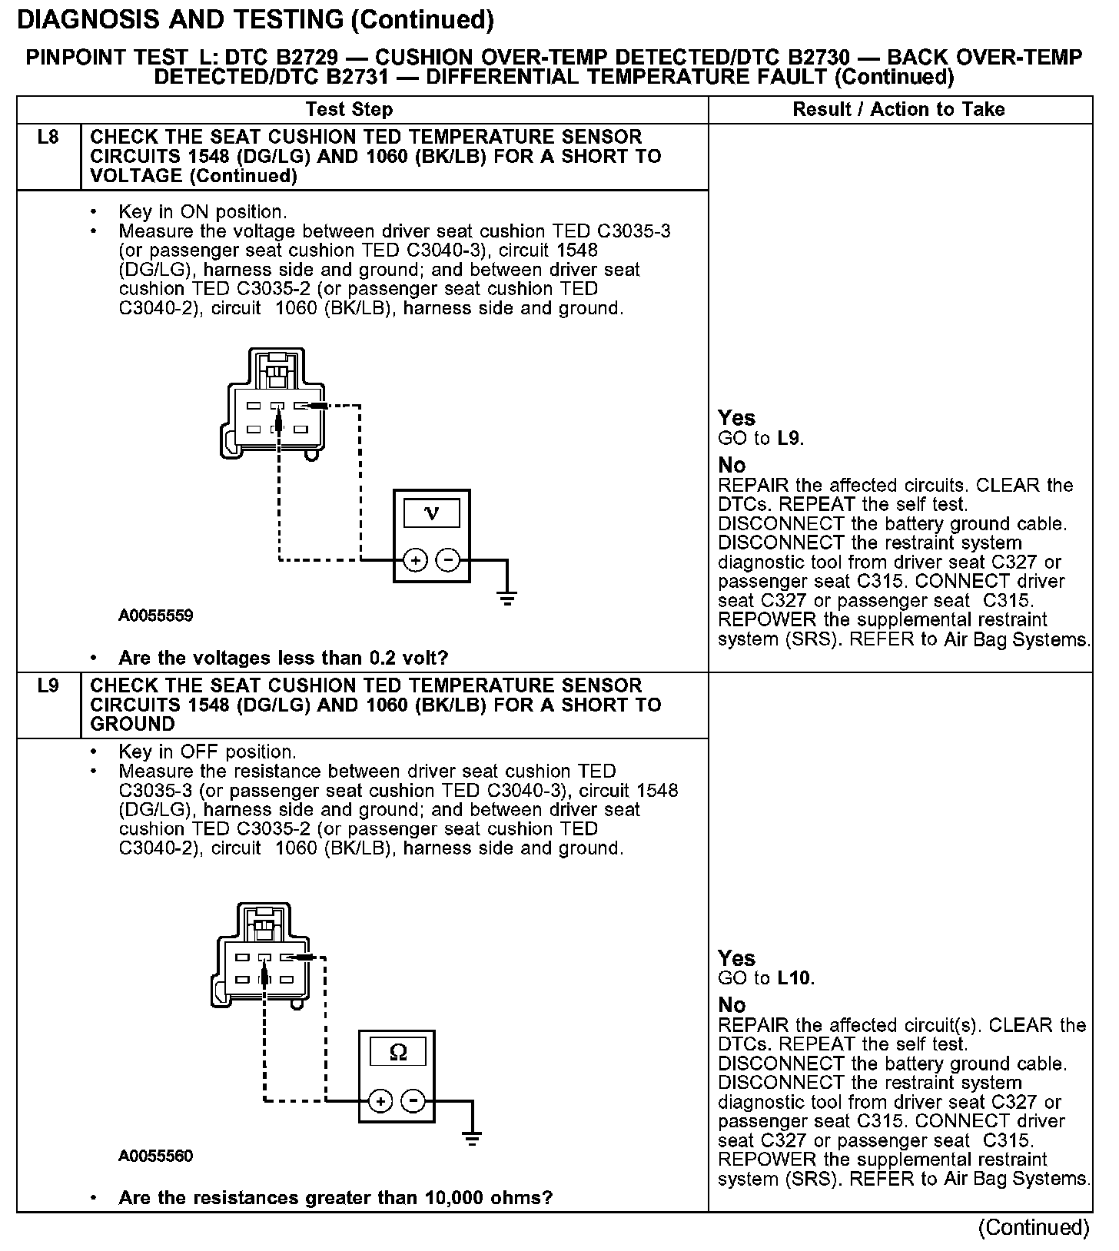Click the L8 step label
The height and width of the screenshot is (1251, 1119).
pyautogui.click(x=48, y=138)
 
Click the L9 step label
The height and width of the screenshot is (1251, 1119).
pyautogui.click(x=48, y=685)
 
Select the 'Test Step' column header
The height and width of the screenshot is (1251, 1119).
pyautogui.click(x=349, y=110)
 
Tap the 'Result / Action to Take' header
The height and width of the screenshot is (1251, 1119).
pyautogui.click(x=898, y=110)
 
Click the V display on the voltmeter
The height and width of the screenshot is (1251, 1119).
pyautogui.click(x=431, y=513)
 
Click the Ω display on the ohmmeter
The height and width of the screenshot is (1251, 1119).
pyautogui.click(x=397, y=1053)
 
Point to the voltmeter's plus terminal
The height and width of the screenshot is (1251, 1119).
pyautogui.click(x=415, y=561)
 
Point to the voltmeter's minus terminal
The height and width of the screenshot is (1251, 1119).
pyautogui.click(x=448, y=561)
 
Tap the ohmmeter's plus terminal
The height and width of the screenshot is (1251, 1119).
pyautogui.click(x=380, y=1101)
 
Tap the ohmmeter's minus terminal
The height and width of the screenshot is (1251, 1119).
pyautogui.click(x=414, y=1101)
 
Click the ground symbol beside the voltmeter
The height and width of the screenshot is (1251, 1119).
pyautogui.click(x=506, y=596)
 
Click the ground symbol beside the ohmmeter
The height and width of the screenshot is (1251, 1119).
pyautogui.click(x=473, y=1137)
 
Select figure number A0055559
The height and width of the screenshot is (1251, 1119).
pyautogui.click(x=155, y=616)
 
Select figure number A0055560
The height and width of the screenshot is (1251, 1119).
pyautogui.click(x=155, y=1156)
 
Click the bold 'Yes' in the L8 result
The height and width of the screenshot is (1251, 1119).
pyautogui.click(x=736, y=418)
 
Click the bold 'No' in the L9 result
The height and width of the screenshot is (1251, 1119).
pyautogui.click(x=732, y=1005)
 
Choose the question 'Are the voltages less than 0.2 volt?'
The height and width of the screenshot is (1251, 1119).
pyautogui.click(x=283, y=659)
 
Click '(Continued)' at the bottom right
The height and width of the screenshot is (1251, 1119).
pyautogui.click(x=1034, y=1228)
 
